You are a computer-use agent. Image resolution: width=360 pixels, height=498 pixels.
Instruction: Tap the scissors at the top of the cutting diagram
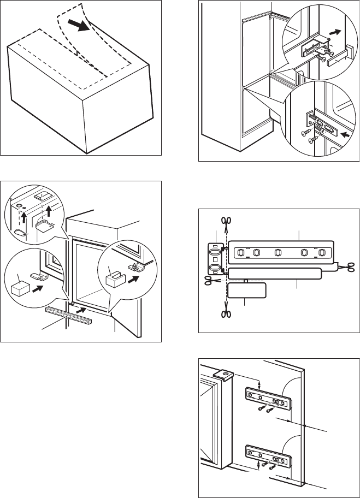click(x=225, y=221)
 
